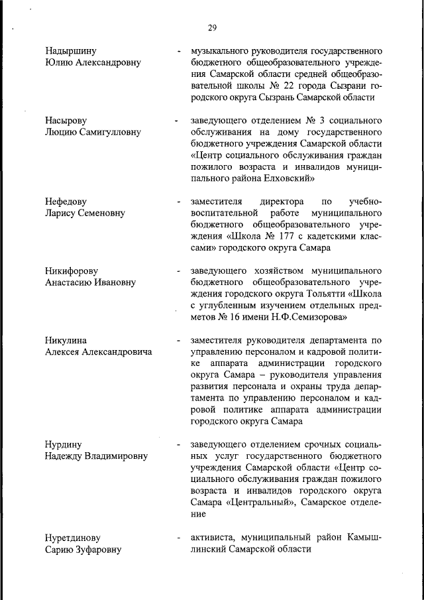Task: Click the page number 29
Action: point(212,27)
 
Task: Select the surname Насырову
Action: point(66,121)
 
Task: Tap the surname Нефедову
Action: point(66,202)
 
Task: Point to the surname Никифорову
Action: point(72,271)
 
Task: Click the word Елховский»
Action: point(286,178)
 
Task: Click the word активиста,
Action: point(215,538)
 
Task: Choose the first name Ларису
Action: point(62,213)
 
